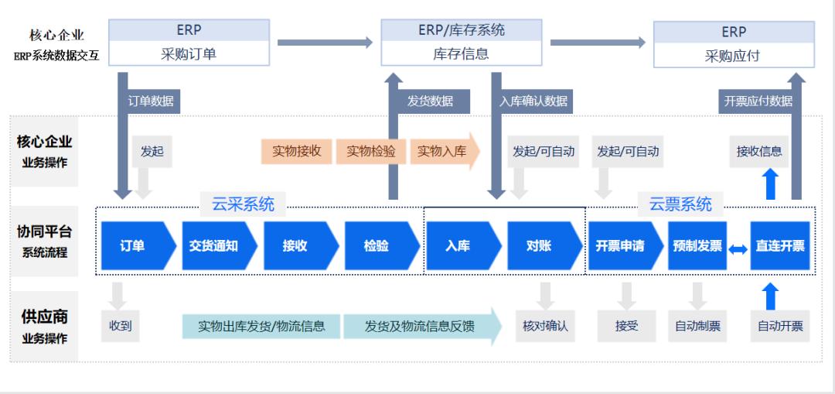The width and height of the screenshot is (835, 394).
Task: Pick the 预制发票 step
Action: tap(697, 246)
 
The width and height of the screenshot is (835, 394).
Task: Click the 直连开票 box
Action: tap(780, 246)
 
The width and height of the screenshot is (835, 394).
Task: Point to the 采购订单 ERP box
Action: tap(189, 54)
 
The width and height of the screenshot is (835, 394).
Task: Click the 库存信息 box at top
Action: tap(461, 54)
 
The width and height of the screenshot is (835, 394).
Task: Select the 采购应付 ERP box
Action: tap(734, 56)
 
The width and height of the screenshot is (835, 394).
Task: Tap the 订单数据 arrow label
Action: tap(151, 101)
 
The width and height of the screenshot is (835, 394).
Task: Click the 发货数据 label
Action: tap(431, 101)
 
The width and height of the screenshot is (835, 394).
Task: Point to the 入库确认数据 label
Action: tap(533, 101)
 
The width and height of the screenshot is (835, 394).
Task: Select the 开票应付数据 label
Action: tap(758, 101)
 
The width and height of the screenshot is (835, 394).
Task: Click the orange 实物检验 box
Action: tap(371, 152)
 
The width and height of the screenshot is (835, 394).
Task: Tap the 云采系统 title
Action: tap(243, 204)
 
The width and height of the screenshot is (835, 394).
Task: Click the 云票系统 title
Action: tap(680, 204)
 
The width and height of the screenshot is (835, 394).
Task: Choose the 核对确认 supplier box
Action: tap(546, 326)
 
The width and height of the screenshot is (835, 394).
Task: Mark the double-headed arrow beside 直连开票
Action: tap(738, 248)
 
